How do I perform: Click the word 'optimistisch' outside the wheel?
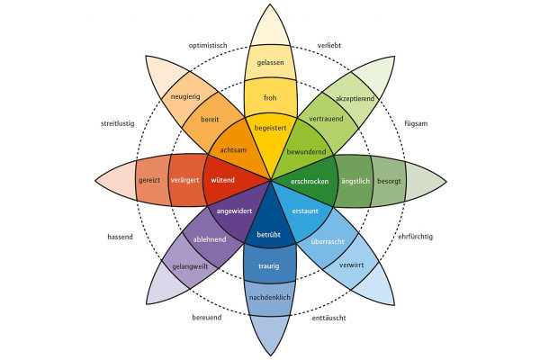coord(208,46)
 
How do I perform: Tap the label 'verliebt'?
coord(328,46)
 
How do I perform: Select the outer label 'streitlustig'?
coord(117,123)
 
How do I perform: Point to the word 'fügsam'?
coord(416,123)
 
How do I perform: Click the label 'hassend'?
coord(120,237)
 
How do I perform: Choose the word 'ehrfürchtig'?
coord(415,237)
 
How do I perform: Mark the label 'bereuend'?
coord(207,318)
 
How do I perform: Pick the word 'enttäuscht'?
coord(328,318)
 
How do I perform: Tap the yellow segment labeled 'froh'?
coord(270,97)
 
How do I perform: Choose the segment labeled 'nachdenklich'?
coord(270,298)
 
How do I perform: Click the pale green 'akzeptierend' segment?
coord(353,98)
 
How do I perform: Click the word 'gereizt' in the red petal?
coord(149,181)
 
